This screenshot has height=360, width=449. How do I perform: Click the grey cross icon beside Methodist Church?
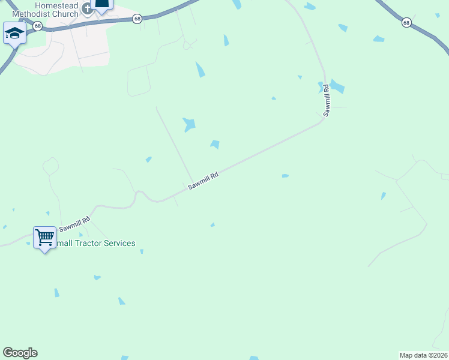[87, 8]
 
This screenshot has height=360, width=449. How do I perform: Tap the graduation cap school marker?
[14, 33]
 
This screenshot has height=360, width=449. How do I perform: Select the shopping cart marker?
[44, 238]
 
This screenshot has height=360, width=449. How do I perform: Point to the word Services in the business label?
[121, 243]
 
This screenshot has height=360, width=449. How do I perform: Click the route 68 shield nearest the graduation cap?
[38, 26]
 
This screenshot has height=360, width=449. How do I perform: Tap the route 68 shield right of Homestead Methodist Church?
[137, 19]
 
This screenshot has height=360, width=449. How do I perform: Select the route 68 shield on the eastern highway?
[406, 23]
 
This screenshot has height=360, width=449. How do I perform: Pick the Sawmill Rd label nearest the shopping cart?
[74, 225]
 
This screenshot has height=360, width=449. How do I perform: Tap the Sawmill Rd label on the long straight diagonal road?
[202, 181]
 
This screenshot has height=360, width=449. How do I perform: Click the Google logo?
[20, 353]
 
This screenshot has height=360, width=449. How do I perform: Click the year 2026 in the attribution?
[439, 355]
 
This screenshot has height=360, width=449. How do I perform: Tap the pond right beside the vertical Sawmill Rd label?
[337, 86]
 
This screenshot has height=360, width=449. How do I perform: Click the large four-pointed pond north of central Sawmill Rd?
[190, 124]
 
